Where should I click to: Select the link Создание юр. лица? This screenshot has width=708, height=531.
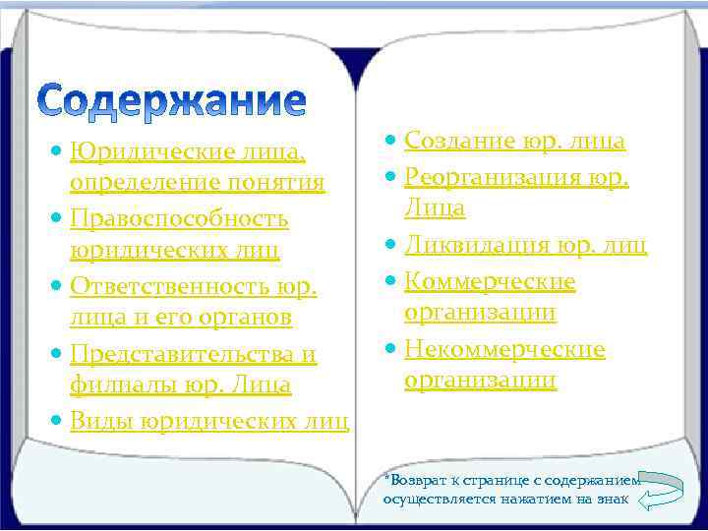[x=514, y=141]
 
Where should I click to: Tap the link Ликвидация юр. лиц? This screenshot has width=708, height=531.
[x=525, y=244]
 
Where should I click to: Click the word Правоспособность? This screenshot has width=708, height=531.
[x=179, y=217]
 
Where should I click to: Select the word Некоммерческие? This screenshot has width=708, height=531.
[x=504, y=349]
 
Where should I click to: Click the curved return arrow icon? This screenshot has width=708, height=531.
[x=661, y=491]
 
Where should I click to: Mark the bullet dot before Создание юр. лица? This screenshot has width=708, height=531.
[x=391, y=142]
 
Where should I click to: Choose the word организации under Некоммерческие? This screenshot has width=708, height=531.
[x=480, y=380]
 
